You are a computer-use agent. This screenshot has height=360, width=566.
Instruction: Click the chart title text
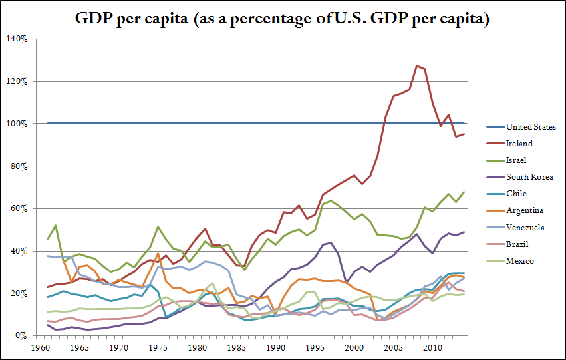[283, 19]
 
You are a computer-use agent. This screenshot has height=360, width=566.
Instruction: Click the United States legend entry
[531, 126]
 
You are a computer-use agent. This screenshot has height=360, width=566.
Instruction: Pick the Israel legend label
[517, 160]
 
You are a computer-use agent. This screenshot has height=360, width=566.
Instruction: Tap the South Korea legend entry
[527, 177]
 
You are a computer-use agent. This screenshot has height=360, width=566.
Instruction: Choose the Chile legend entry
[517, 194]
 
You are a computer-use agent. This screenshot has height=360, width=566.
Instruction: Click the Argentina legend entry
[523, 210]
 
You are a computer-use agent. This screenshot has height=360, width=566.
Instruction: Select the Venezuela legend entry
[525, 227]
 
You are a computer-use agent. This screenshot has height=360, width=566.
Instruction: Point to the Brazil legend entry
[517, 244]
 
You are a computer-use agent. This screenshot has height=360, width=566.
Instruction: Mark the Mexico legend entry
[519, 261]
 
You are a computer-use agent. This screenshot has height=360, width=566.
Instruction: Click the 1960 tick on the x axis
[39, 347]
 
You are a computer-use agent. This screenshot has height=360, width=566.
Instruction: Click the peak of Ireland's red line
[416, 65]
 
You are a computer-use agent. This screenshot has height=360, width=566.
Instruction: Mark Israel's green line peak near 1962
[55, 225]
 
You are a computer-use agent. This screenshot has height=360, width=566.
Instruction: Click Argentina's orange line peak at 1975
[158, 254]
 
